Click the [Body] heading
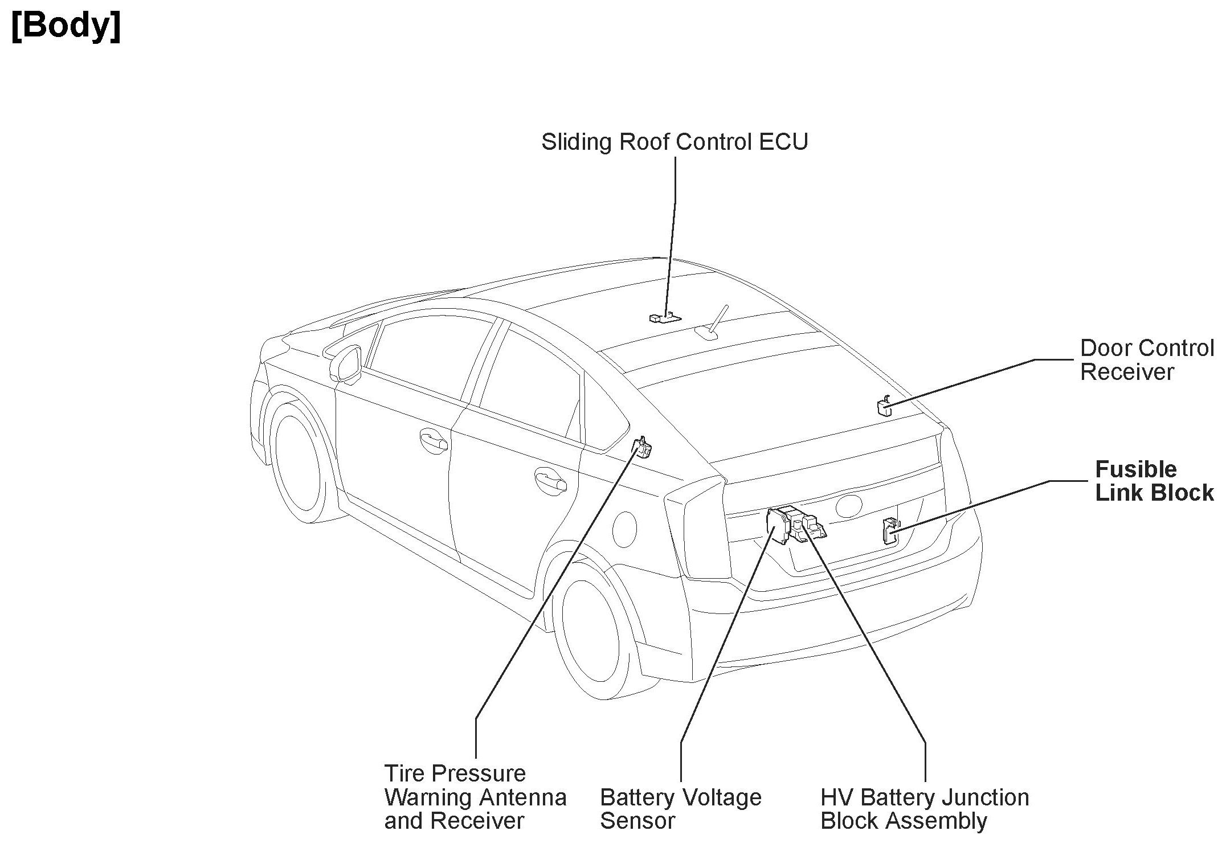[66, 26]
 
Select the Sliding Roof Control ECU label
[675, 142]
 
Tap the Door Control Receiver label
[1146, 360]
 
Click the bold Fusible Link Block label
[1154, 481]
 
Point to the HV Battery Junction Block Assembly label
[924, 809]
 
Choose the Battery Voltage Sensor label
[680, 809]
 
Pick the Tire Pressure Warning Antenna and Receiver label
[475, 797]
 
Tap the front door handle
[433, 439]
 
